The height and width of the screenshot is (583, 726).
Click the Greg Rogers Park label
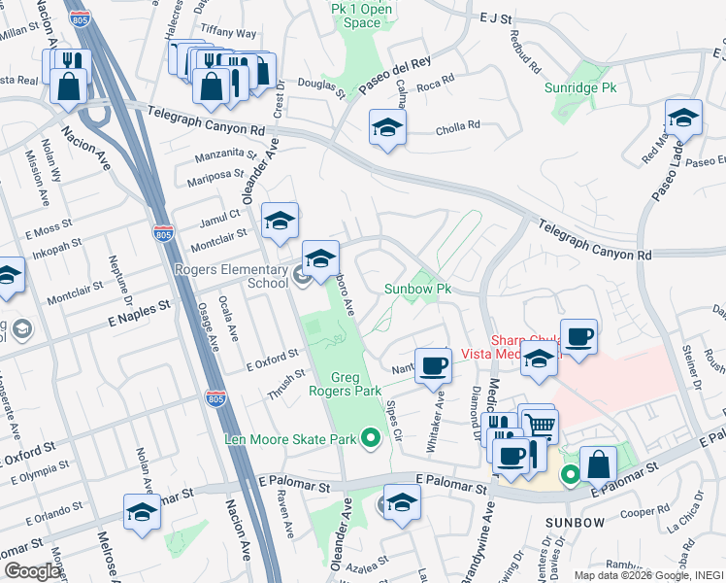[x=361, y=385]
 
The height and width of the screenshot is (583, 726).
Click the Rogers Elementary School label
[x=231, y=276]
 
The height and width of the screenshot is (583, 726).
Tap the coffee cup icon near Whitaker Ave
[x=434, y=366]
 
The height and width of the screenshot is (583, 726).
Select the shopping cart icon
[x=541, y=425]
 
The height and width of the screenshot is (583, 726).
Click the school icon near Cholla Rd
[x=387, y=127]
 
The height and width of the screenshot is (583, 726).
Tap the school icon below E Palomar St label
[x=401, y=502]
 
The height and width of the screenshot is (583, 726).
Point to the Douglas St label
[x=321, y=88]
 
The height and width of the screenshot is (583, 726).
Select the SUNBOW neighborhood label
[x=575, y=522]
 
